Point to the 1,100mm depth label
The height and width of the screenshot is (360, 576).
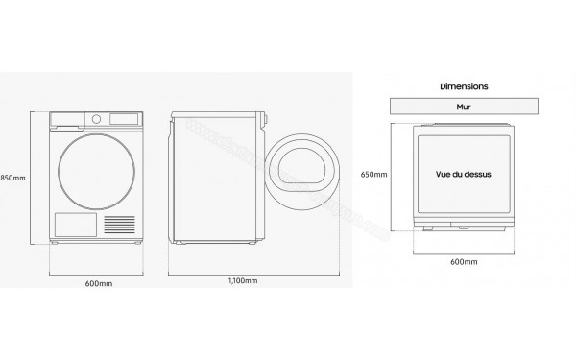coord(244,280)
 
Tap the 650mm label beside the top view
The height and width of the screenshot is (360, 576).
coord(374,174)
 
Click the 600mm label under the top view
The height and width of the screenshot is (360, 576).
coord(464,261)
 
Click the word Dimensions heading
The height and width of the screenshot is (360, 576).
coord(464,86)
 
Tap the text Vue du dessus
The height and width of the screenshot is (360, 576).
coord(464,176)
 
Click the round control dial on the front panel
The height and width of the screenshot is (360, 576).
coord(96,118)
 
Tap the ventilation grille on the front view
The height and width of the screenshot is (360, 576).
coord(120,225)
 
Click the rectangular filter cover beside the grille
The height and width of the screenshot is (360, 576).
coord(73,226)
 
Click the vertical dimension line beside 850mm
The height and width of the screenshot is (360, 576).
coord(30,178)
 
